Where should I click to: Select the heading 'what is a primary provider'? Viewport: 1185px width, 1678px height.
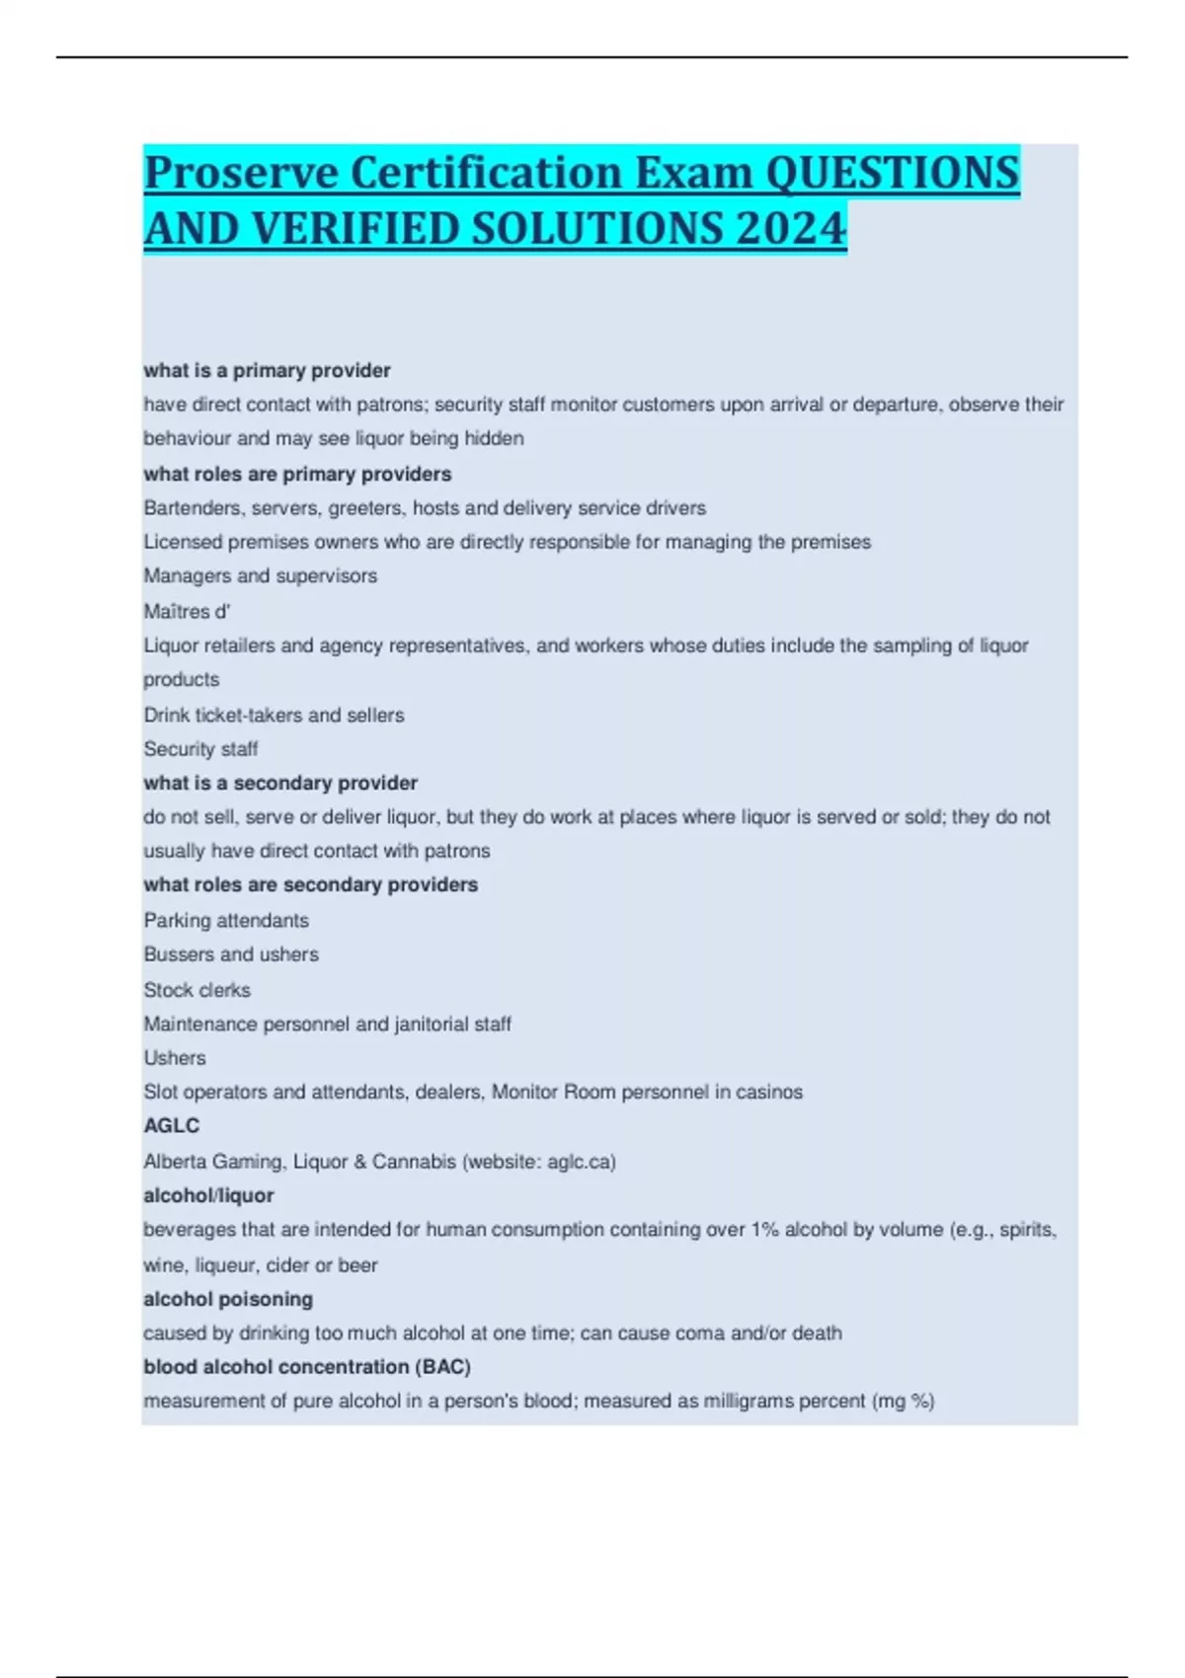(x=267, y=370)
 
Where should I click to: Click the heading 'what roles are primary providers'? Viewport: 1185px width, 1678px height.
(x=297, y=474)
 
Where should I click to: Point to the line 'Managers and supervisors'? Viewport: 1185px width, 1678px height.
(x=260, y=575)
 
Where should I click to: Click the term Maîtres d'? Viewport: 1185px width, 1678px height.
(x=187, y=611)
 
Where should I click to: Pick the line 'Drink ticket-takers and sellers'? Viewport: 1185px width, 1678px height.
(x=274, y=715)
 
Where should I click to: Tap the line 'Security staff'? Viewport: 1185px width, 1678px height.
(x=200, y=748)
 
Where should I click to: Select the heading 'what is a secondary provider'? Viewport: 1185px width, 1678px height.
(x=280, y=783)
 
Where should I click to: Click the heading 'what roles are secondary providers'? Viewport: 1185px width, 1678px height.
(x=310, y=884)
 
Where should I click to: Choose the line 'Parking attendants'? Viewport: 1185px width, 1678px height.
(x=226, y=920)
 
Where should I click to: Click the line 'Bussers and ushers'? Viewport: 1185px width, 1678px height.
(x=231, y=954)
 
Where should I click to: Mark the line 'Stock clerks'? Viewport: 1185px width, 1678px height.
(x=197, y=989)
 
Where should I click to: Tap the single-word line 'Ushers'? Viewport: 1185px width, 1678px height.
(x=175, y=1057)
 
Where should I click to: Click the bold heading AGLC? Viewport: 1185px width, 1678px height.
(x=171, y=1125)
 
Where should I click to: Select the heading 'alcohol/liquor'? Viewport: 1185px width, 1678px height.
(x=208, y=1195)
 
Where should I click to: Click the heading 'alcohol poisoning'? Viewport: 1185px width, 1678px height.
(x=228, y=1299)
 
